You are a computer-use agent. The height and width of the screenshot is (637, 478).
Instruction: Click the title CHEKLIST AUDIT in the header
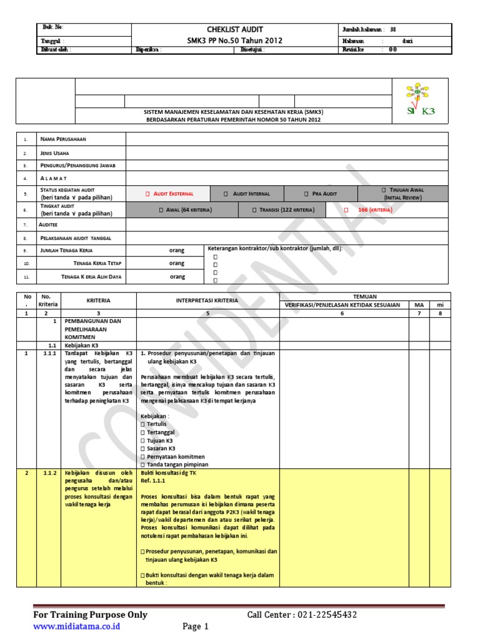(235, 29)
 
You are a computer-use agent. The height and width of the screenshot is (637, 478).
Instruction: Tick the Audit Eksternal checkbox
(148, 194)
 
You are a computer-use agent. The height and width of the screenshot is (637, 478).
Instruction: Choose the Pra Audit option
(307, 194)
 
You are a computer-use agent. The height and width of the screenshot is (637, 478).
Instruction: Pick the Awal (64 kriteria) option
(161, 210)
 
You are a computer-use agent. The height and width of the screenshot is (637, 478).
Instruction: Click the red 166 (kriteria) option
(347, 210)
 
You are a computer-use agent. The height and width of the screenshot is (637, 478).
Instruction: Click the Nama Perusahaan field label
(63, 139)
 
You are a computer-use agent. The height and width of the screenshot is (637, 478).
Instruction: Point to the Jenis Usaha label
(55, 152)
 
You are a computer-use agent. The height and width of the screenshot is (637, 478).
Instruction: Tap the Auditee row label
(49, 224)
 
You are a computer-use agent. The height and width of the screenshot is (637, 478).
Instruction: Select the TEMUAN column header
(365, 297)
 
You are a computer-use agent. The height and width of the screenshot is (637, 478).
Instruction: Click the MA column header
(419, 305)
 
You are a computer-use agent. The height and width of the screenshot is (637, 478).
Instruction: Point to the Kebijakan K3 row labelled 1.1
(82, 345)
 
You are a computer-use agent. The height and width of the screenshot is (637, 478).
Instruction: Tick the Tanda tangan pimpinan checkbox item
(143, 465)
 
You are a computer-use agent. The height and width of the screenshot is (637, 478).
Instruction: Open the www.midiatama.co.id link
(76, 626)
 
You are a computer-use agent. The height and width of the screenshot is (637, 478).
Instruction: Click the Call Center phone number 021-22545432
(324, 615)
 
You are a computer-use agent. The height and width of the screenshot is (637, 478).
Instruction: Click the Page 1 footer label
(195, 626)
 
